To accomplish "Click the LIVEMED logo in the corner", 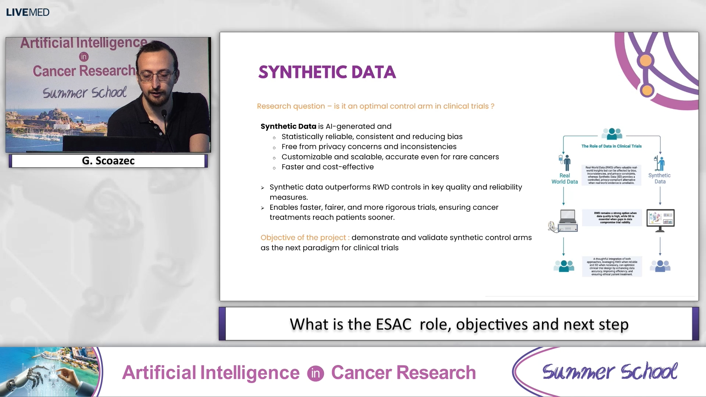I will [28, 12].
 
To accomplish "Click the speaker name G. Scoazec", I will [108, 161].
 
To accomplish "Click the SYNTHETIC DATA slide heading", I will [327, 72].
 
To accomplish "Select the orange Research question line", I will [375, 106].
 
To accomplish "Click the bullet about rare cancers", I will [390, 157].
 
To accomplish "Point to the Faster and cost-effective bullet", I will [327, 167].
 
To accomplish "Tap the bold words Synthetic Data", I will [288, 126].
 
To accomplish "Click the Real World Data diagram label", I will [564, 179].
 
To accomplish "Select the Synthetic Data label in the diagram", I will [659, 178].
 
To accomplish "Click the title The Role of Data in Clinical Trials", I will [611, 146].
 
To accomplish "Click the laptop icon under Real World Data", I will [567, 221].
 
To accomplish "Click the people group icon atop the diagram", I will [612, 134].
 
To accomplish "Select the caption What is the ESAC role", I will [459, 324].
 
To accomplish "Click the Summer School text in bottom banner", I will [609, 372].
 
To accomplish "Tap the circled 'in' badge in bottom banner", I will [315, 373].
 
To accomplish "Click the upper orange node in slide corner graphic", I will [646, 61].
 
